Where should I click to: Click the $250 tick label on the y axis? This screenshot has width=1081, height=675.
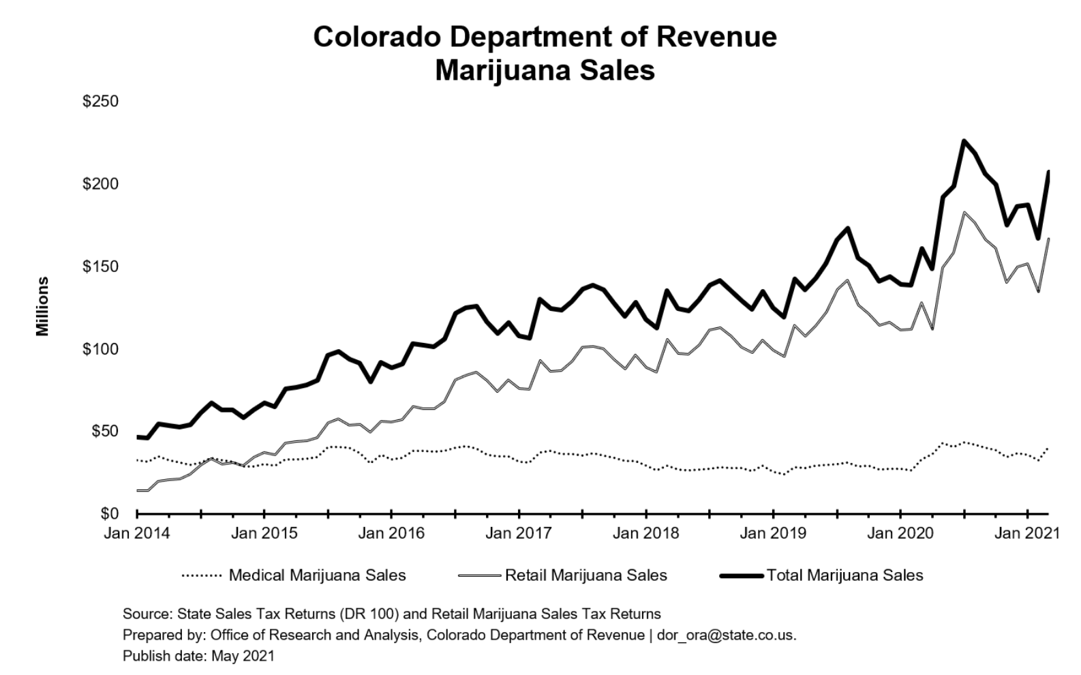[100, 102]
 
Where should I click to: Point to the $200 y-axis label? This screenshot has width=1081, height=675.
[100, 184]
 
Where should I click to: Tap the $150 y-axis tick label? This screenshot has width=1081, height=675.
[100, 267]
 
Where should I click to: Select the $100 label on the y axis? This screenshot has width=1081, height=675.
[100, 349]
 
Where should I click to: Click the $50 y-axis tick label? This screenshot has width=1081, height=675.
[104, 432]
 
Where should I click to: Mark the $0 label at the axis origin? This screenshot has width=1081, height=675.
[107, 513]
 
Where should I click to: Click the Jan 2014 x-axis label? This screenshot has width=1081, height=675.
[136, 533]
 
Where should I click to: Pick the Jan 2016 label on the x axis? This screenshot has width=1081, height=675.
[391, 533]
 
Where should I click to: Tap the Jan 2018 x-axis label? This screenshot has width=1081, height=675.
[645, 533]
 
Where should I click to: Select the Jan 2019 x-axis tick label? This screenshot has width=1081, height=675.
[773, 533]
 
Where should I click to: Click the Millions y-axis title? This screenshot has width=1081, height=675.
[43, 306]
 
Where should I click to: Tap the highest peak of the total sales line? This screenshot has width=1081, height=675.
[964, 141]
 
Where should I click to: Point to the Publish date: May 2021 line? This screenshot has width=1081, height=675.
[198, 656]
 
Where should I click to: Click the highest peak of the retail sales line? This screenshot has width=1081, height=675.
[964, 213]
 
